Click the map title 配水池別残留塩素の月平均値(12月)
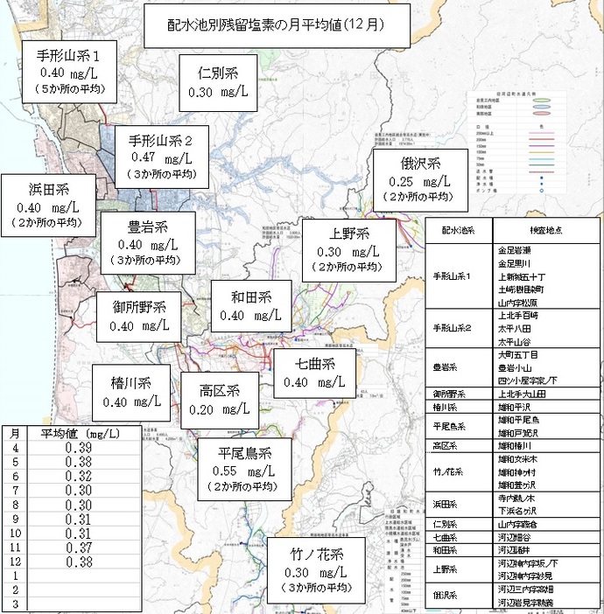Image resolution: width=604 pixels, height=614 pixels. click(x=276, y=26)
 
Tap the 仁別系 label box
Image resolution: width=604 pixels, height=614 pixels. click(x=218, y=82)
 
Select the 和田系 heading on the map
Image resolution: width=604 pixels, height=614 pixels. click(x=251, y=297)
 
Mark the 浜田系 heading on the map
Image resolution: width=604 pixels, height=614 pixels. click(x=49, y=189)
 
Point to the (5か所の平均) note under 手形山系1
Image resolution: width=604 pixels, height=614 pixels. click(x=69, y=89)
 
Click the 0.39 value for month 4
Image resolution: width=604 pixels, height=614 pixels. click(x=79, y=448)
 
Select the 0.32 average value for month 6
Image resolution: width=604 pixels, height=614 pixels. click(x=79, y=477)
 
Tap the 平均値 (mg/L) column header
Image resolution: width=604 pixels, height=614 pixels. click(x=81, y=434)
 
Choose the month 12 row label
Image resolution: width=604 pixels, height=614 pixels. click(x=16, y=562)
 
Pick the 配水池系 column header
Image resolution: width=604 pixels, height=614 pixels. click(x=458, y=230)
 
